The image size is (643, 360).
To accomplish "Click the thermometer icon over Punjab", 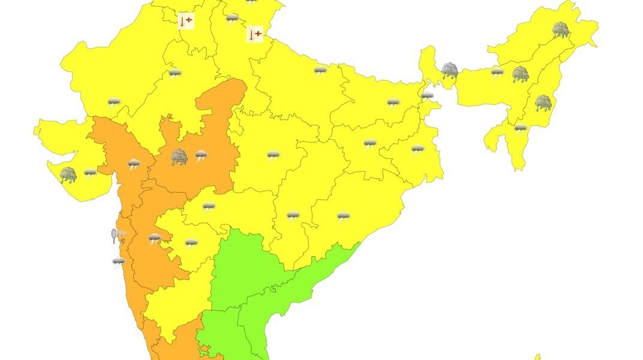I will (186, 21).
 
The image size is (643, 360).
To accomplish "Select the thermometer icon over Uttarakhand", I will (255, 35).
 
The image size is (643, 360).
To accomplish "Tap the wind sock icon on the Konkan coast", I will (118, 235).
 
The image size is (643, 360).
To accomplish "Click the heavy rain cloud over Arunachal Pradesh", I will (561, 30).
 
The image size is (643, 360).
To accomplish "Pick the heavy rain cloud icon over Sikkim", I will (450, 71).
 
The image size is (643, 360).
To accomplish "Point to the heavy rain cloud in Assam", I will (520, 74).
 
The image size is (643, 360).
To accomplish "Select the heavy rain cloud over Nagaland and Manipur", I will (543, 103).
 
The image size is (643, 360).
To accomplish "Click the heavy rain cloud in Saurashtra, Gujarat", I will (68, 175).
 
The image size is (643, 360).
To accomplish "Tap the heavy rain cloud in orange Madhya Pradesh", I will (179, 157).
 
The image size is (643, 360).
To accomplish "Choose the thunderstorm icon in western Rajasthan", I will (113, 103).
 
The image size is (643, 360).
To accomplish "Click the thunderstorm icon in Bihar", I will (393, 103).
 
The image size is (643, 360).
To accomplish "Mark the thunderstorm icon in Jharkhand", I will (370, 144).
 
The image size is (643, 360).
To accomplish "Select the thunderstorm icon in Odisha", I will (343, 216).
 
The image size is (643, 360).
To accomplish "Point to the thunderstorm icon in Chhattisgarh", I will (293, 216).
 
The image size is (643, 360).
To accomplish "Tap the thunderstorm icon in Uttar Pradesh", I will (321, 71).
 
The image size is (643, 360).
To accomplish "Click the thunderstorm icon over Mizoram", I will (520, 128).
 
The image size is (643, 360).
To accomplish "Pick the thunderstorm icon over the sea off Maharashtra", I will (119, 262).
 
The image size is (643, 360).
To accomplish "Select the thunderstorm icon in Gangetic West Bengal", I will (417, 149).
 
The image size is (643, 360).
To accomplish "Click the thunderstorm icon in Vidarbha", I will (274, 156).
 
